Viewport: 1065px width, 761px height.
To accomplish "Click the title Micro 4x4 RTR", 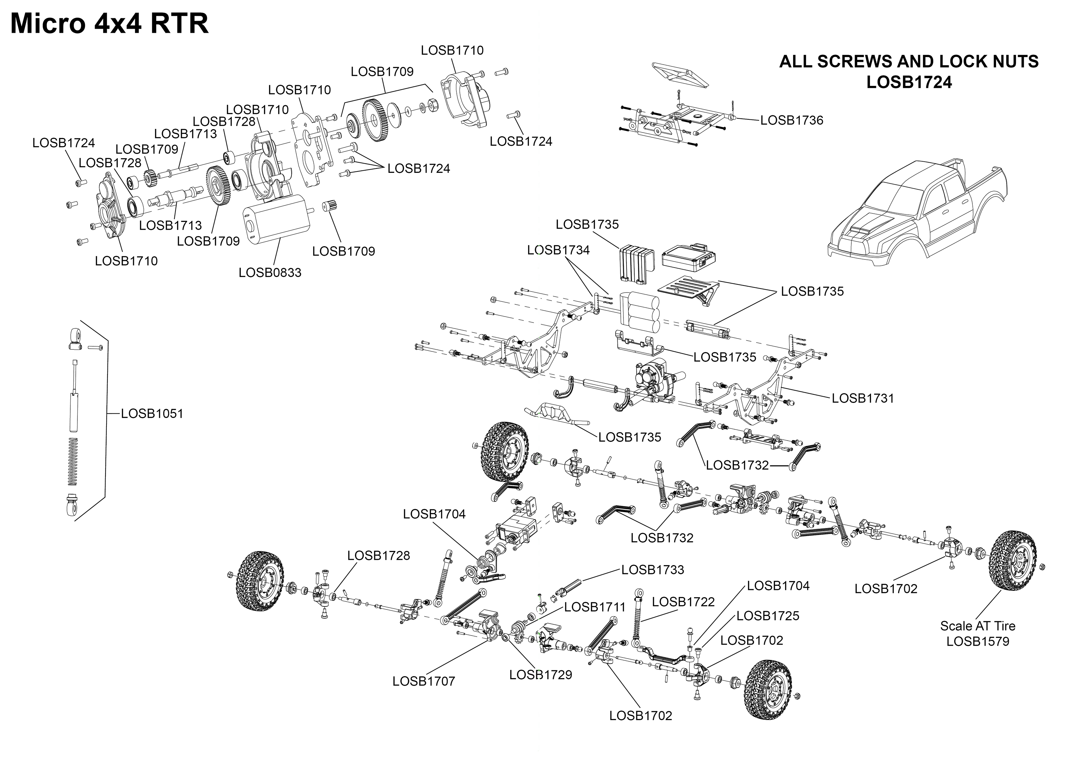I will point(109,23).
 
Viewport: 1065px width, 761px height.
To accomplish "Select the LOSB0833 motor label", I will point(270,272).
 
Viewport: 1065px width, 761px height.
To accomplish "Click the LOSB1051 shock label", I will point(152,413).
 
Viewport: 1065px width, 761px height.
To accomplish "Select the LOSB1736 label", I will point(791,120).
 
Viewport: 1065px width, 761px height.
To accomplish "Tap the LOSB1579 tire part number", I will point(977,641).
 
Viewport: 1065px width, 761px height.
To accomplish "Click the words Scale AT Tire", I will point(977,626).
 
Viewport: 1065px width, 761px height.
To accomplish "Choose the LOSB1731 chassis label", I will point(863,398).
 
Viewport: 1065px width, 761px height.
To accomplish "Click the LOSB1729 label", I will point(541,675).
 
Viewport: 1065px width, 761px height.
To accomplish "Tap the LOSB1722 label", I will point(683,602).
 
